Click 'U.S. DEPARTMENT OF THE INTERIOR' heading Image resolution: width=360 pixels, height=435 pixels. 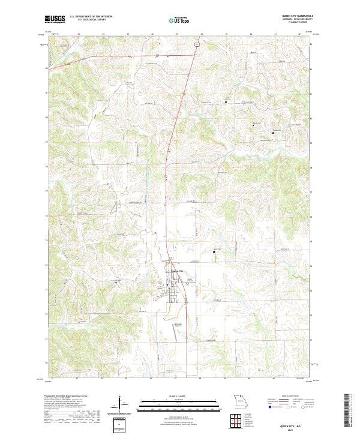click(x=91, y=17)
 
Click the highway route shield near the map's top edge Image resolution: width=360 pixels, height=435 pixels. click(x=195, y=44)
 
